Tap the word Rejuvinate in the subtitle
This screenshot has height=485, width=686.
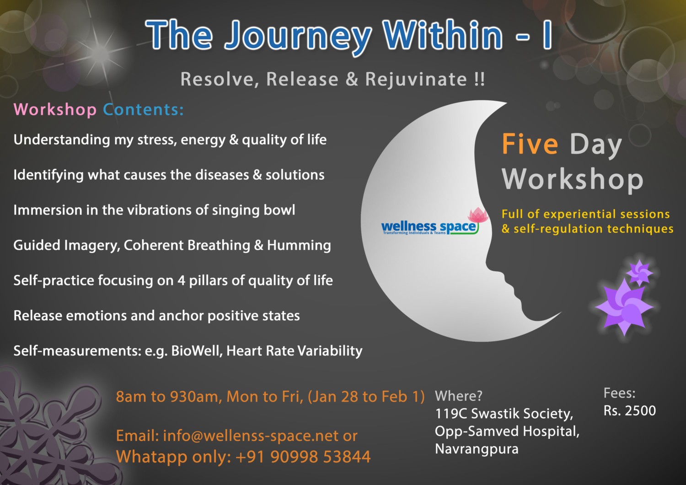point(416,80)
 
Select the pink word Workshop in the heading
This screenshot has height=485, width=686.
point(55,110)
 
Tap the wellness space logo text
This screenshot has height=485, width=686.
point(429,228)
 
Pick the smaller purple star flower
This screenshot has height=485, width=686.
point(639,272)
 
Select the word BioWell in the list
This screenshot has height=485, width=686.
point(197,351)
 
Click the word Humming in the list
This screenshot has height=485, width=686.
point(299,245)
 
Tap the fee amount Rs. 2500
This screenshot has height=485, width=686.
point(630,411)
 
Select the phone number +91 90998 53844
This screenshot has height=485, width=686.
point(303,457)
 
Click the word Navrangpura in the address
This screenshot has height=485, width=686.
point(477,449)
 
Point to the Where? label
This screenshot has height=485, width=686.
point(458,396)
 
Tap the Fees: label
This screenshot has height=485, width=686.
point(619,393)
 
